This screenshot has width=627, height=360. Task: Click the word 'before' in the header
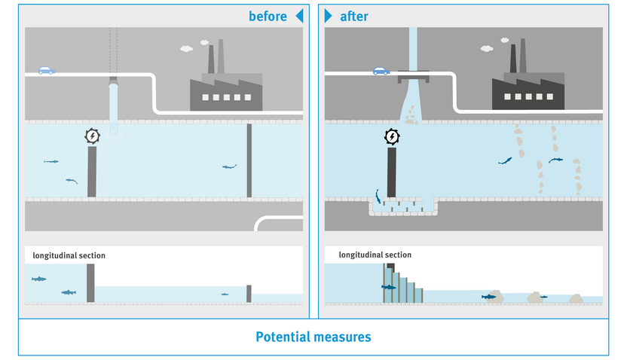(x=268, y=16)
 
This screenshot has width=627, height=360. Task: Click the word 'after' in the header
(x=353, y=16)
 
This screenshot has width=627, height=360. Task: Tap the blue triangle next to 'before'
(x=299, y=16)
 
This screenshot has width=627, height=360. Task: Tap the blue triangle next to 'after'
(x=329, y=16)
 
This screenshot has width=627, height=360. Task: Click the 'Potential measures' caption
(x=313, y=337)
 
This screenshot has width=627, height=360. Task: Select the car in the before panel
(x=47, y=70)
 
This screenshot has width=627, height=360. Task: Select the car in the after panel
(x=382, y=71)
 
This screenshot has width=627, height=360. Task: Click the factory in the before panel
(x=225, y=87)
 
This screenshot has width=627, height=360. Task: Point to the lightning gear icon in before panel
(x=91, y=136)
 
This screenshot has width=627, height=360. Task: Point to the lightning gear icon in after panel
(x=392, y=136)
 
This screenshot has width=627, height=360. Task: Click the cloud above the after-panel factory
(x=487, y=49)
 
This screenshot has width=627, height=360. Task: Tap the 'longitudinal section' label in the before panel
(x=69, y=256)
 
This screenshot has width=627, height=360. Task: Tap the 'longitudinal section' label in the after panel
(x=375, y=255)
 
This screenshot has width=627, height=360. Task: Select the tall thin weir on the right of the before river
(x=249, y=160)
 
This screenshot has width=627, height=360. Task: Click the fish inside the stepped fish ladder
(x=389, y=287)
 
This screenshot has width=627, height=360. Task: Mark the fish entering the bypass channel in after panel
(x=377, y=196)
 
